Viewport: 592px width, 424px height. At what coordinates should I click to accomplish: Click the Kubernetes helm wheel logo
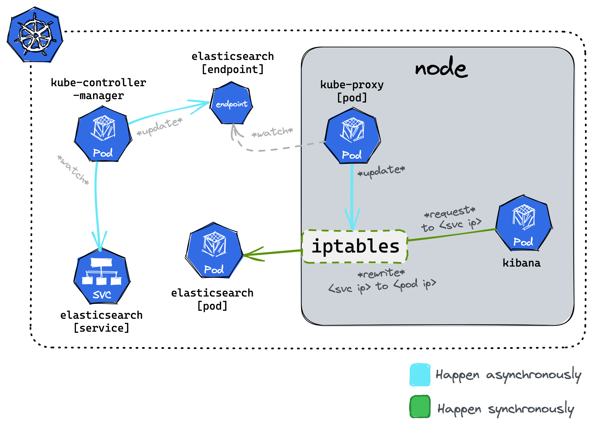tap(35, 35)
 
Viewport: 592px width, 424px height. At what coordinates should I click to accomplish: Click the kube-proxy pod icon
tap(352, 135)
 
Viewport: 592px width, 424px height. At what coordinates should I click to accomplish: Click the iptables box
tap(355, 246)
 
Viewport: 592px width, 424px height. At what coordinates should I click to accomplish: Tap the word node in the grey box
tap(441, 67)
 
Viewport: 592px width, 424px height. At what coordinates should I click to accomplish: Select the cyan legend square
tap(420, 375)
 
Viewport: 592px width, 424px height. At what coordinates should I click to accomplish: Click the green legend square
tap(420, 407)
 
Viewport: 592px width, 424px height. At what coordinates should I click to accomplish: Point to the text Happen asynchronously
tap(508, 375)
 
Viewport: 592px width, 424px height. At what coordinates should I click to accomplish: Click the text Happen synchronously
tap(506, 409)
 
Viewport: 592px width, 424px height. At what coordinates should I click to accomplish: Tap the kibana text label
tap(522, 263)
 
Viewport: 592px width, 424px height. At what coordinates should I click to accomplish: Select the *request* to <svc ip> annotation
tap(451, 219)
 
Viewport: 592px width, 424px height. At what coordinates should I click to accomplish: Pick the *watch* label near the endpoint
tap(272, 132)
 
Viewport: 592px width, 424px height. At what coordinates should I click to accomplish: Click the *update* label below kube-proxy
tap(381, 171)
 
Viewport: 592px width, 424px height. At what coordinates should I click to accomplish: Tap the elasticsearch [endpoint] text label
tap(232, 63)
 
